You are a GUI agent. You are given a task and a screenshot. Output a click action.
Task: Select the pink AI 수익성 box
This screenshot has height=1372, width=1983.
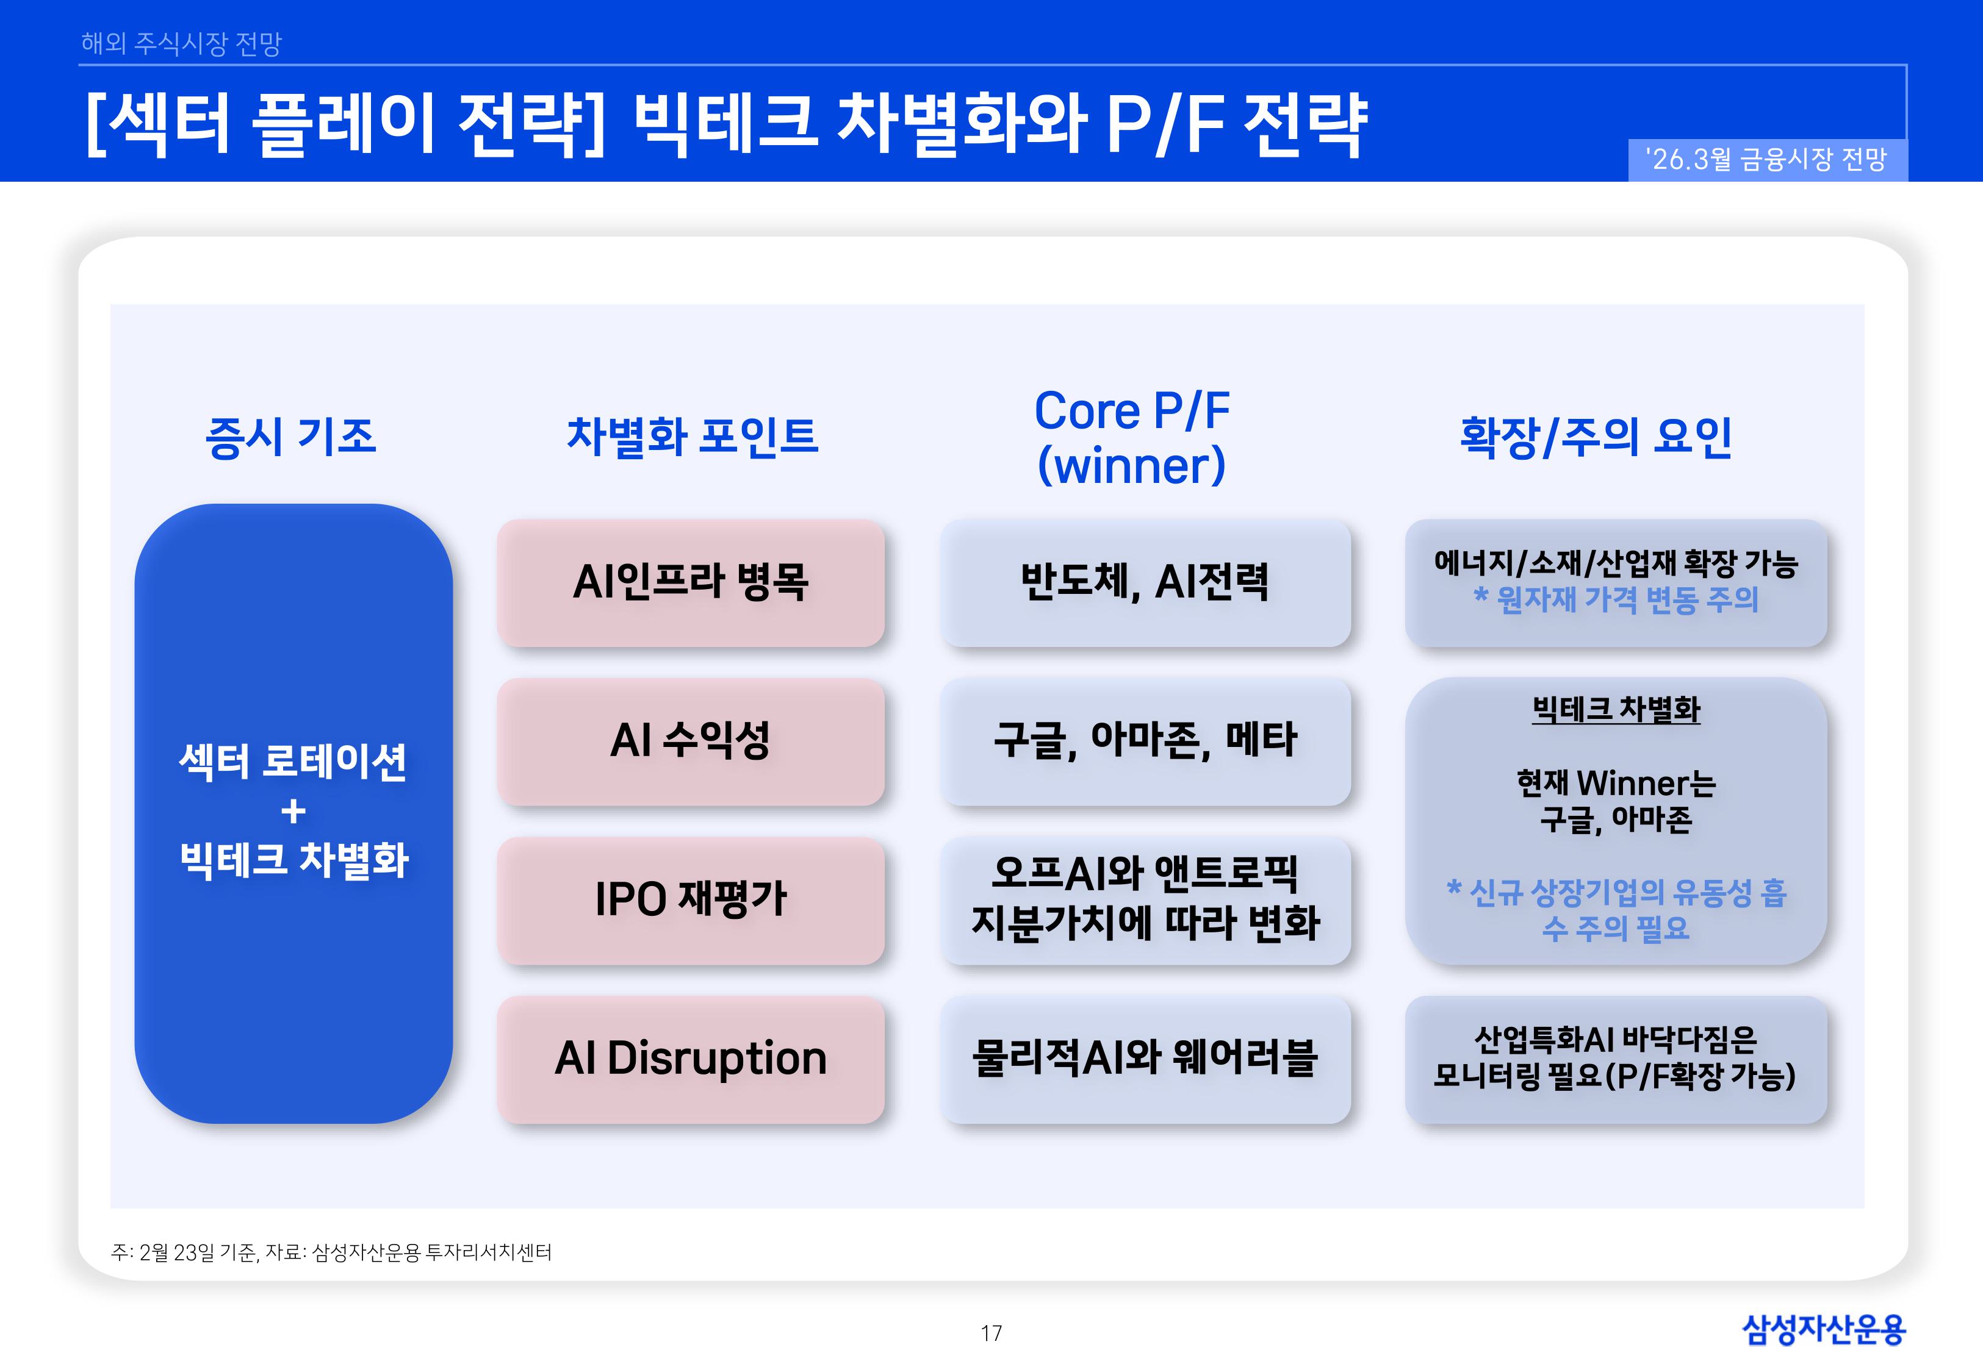691,741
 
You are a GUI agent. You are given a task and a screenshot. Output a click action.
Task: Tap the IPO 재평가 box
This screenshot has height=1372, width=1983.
691,900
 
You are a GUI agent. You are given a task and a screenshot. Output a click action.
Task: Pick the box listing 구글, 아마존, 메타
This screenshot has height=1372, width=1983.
1145,741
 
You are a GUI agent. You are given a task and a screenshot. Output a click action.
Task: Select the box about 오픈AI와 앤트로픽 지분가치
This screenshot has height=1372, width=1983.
1145,899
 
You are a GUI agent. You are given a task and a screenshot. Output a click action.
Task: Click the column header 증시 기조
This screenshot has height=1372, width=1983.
290,437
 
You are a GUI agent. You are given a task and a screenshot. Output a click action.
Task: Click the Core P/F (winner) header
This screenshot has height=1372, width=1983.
1132,437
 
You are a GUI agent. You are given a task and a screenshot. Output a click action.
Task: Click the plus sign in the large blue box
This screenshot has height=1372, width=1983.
293,810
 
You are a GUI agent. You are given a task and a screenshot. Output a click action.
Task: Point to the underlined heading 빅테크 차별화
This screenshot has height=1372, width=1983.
1616,710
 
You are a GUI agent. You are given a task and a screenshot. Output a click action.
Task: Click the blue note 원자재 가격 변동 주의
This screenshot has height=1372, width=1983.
1616,599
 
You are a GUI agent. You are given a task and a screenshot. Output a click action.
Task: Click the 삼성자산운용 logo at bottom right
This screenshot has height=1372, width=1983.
1823,1329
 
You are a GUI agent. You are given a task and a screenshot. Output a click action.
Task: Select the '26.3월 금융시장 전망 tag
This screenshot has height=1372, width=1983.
1767,160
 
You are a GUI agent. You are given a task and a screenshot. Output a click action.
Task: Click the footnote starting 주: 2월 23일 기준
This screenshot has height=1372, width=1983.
331,1252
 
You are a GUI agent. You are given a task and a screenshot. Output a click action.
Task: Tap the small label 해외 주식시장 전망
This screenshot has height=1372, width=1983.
181,43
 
